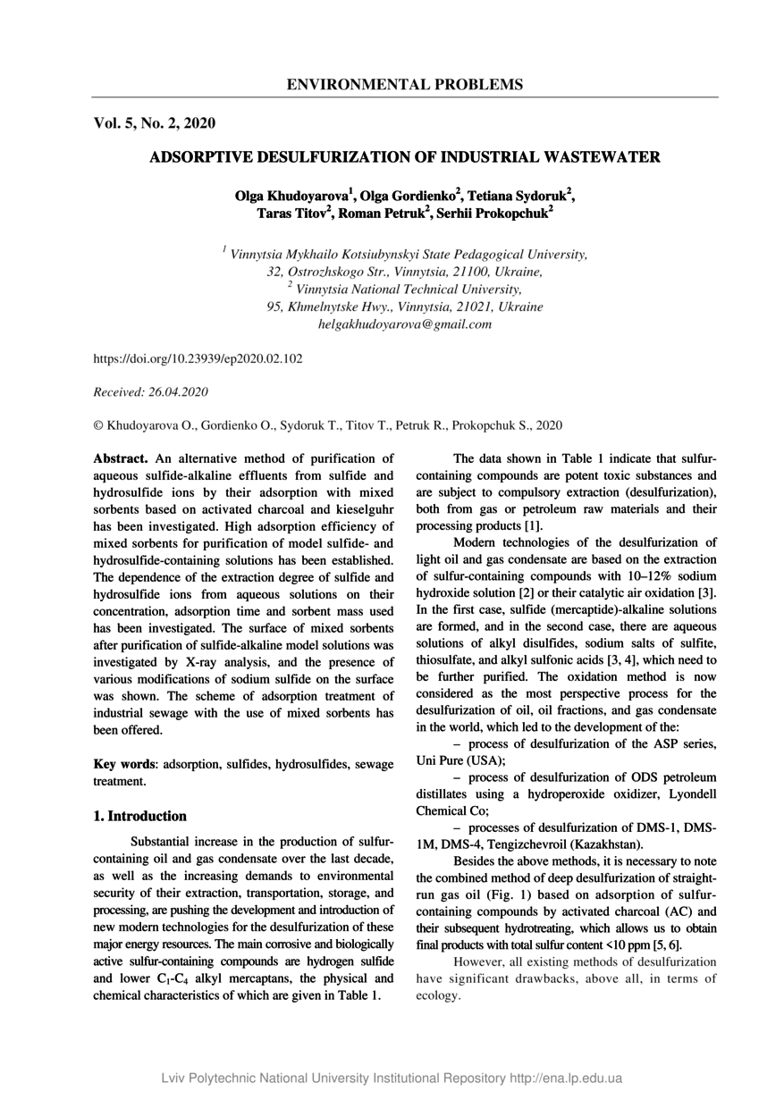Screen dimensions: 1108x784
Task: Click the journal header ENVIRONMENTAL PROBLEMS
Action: [x=405, y=85]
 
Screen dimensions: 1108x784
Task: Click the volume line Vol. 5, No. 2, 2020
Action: [x=154, y=123]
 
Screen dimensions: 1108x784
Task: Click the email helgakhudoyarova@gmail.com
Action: [x=405, y=324]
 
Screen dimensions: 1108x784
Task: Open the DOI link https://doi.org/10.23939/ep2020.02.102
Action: [x=198, y=358]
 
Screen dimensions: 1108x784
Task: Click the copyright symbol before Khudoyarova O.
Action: [x=98, y=425]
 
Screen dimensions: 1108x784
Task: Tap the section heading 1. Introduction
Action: [x=140, y=816]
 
